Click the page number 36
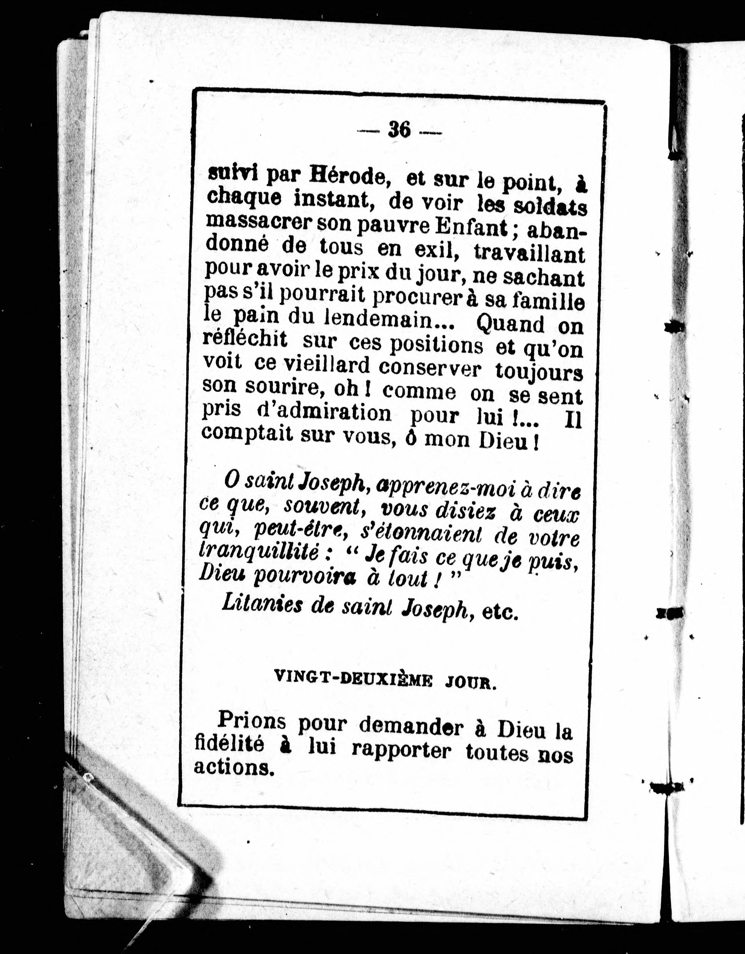click(399, 130)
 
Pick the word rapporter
click(401, 751)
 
